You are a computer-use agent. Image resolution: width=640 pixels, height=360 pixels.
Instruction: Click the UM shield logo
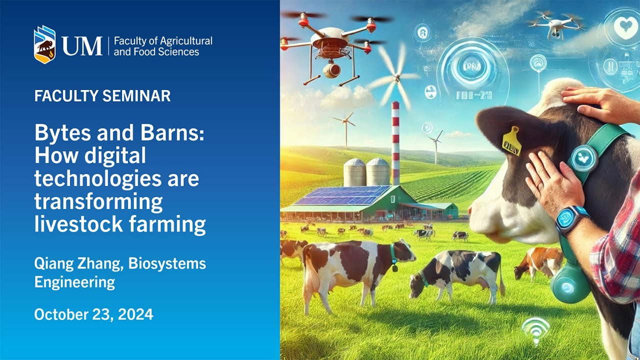[44, 44]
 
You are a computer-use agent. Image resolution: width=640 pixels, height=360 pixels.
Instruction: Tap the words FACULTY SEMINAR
[102, 95]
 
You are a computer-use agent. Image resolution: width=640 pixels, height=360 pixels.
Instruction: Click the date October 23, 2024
[93, 314]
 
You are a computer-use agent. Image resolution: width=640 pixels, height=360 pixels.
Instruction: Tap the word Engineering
[74, 282]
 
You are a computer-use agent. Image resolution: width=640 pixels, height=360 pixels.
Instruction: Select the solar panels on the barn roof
[343, 195]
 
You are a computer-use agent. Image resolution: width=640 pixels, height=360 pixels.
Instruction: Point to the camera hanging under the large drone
[331, 70]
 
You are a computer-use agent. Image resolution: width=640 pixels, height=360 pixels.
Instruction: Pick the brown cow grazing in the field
[540, 261]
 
